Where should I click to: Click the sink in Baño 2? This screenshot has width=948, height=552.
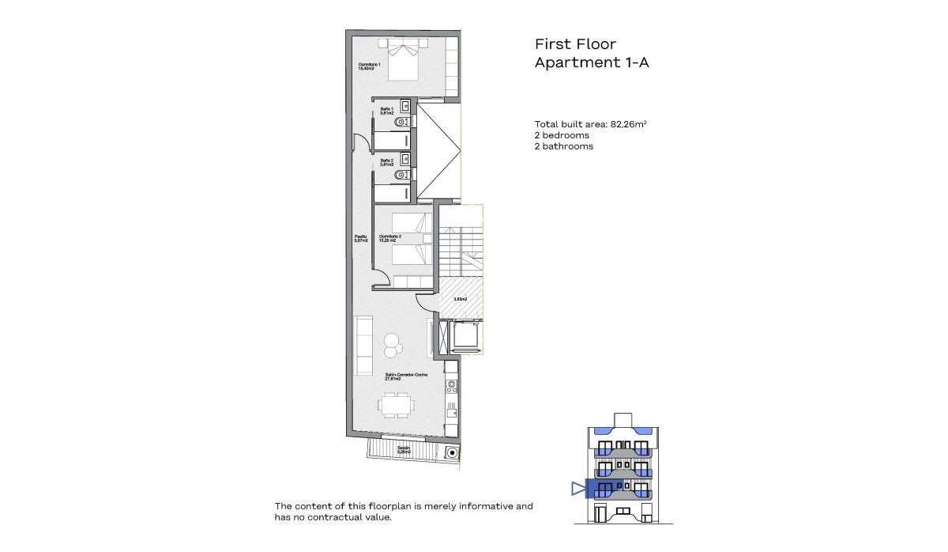tap(405, 158)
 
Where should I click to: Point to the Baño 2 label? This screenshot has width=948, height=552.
tap(386, 162)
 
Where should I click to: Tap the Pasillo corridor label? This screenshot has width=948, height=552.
tap(359, 238)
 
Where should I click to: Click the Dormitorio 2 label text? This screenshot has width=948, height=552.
tap(390, 238)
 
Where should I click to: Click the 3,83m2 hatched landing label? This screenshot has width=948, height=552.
tap(460, 299)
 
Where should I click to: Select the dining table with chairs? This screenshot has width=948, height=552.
tap(395, 406)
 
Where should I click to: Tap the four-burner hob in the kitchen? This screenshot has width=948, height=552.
tap(452, 387)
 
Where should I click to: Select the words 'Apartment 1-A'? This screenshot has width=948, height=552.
tap(591, 63)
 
